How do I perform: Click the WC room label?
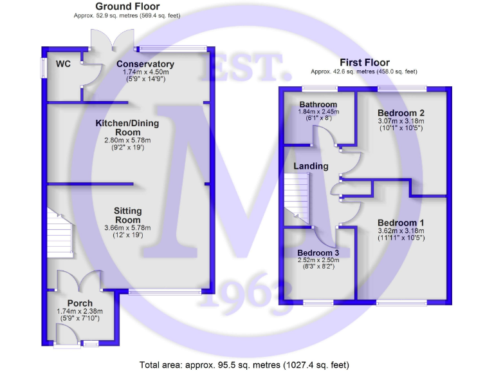click(63, 64)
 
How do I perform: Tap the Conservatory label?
click(145, 64)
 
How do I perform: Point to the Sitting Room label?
click(128, 211)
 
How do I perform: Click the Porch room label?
click(80, 303)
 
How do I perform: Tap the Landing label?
click(311, 166)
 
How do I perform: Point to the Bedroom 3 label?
click(318, 252)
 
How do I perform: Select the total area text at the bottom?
click(244, 365)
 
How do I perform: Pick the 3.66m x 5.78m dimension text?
click(127, 227)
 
